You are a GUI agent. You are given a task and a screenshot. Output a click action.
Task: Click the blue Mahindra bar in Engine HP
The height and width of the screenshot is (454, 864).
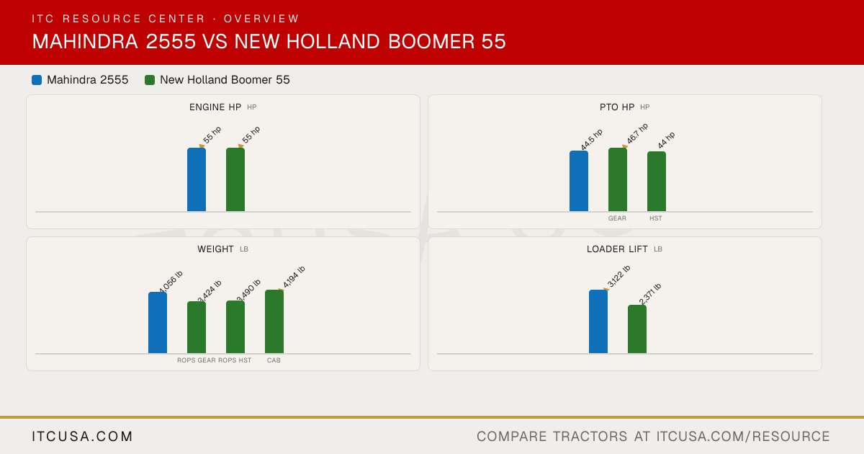coord(197,179)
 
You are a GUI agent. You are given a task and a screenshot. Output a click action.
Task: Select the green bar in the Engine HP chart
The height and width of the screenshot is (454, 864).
coord(235,179)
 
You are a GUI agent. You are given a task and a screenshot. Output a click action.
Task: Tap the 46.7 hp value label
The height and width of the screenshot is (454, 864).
coord(637,133)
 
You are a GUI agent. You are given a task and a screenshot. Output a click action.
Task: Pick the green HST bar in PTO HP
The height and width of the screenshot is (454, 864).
coord(657,182)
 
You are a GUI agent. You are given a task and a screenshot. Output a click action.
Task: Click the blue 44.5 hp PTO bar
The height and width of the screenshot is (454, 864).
coord(579,181)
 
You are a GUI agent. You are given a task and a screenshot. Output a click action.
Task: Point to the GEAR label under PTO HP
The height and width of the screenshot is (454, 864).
coord(617,218)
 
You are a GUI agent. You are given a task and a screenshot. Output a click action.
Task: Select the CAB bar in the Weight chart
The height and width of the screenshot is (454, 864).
coord(274,321)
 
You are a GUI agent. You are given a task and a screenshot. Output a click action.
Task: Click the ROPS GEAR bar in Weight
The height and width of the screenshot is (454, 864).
coord(197,327)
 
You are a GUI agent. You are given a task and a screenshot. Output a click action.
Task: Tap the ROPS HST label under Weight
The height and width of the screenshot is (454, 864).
coord(235,360)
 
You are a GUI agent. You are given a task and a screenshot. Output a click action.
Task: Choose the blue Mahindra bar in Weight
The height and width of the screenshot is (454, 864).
coord(158,323)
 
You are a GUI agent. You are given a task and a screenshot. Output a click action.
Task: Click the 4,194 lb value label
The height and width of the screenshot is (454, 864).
coord(294,277)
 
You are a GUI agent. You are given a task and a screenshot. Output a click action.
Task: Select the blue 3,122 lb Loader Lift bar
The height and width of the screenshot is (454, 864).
coord(598,321)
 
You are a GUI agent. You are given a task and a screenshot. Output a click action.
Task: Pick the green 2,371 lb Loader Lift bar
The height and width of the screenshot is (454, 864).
coord(637,329)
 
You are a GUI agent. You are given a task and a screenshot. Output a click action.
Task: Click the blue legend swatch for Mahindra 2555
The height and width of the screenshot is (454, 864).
coord(37,80)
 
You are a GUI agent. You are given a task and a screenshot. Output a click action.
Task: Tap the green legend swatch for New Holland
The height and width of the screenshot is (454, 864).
coord(150,80)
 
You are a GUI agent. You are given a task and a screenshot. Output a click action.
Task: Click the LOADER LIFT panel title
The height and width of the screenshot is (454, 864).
coord(617,249)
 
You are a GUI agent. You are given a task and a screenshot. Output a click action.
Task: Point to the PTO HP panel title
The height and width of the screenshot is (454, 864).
coord(617,107)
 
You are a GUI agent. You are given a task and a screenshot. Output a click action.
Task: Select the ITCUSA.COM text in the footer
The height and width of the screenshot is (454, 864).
coord(82,437)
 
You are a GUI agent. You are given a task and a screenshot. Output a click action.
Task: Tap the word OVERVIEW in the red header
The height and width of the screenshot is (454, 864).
coord(261,19)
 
